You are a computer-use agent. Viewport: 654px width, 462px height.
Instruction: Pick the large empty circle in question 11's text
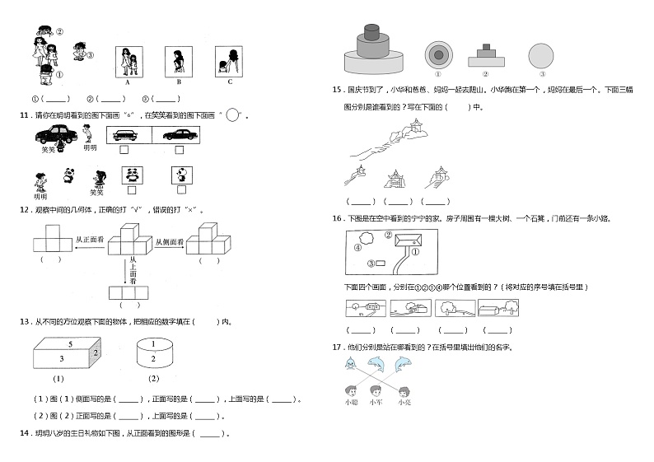tap(233, 115)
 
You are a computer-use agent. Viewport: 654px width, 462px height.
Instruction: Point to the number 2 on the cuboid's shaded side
tap(95, 352)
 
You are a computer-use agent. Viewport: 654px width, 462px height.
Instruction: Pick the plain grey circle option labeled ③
tap(541, 55)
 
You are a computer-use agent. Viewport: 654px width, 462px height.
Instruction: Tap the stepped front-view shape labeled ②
tap(490, 56)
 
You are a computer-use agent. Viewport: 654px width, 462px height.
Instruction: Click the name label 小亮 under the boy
tap(404, 402)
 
